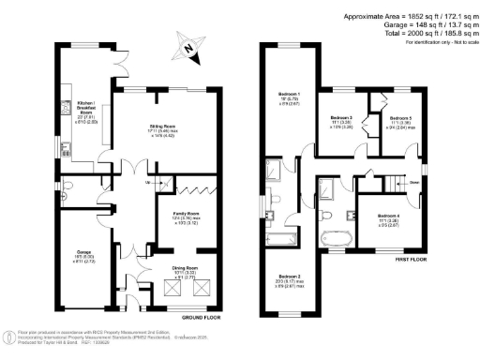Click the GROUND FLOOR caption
(200, 319)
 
